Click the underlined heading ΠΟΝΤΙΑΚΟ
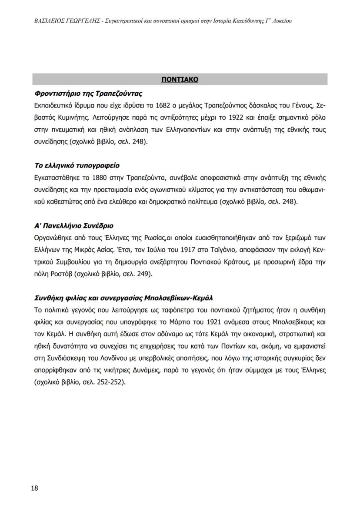coord(180,80)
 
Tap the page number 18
coord(35,488)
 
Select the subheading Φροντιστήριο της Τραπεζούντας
coord(88,94)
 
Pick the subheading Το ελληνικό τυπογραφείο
coord(77,166)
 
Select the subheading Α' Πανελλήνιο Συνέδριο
coord(73,226)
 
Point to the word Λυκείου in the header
coord(279,20)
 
